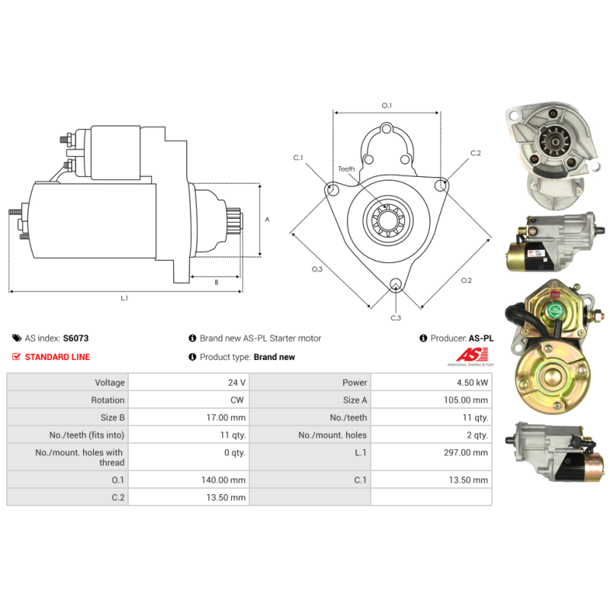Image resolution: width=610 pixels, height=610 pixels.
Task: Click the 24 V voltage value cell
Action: pos(236,383)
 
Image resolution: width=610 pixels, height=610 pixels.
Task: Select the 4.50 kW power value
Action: pos(472,383)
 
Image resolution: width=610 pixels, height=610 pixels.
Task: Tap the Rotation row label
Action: pos(108,400)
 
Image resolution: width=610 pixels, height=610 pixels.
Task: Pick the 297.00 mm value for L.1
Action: pos(466,452)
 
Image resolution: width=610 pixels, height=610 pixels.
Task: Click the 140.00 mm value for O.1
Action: pos(223,480)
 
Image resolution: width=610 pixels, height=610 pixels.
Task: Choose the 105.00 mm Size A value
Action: pos(466,400)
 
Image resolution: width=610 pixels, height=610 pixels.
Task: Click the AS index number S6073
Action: pos(75,338)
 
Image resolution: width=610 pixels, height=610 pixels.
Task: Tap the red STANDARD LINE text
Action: pos(57,357)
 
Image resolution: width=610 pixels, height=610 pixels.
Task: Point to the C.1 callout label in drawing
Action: pos(298,158)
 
